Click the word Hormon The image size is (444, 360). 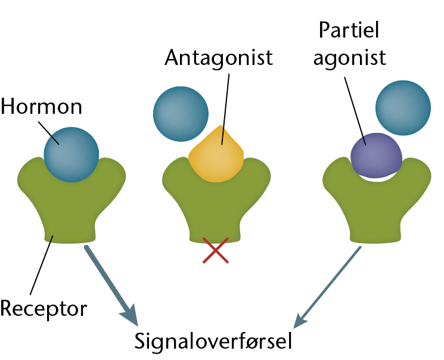tap(41, 107)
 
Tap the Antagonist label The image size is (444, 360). tap(219, 58)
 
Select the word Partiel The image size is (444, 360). tap(349, 30)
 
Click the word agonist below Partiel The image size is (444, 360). tap(349, 58)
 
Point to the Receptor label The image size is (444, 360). tap(44, 309)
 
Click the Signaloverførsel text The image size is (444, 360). tap(213, 341)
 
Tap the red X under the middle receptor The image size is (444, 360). tap(216, 250)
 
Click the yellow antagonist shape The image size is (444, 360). tap(216, 155)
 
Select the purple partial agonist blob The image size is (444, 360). tap(376, 155)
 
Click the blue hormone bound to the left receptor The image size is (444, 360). tap(72, 154)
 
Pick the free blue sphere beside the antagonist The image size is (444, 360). tap(181, 114)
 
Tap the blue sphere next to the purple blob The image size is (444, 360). tap(403, 108)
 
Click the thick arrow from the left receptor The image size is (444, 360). tap(111, 285)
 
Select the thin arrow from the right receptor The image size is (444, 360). tap(327, 287)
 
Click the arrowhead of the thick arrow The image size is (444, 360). tap(131, 316)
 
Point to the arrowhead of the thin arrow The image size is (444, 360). tap(299, 321)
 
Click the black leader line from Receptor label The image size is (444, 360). tap(42, 265)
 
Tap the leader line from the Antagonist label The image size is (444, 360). tap(225, 109)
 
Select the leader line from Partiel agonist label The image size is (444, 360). tap(355, 111)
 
